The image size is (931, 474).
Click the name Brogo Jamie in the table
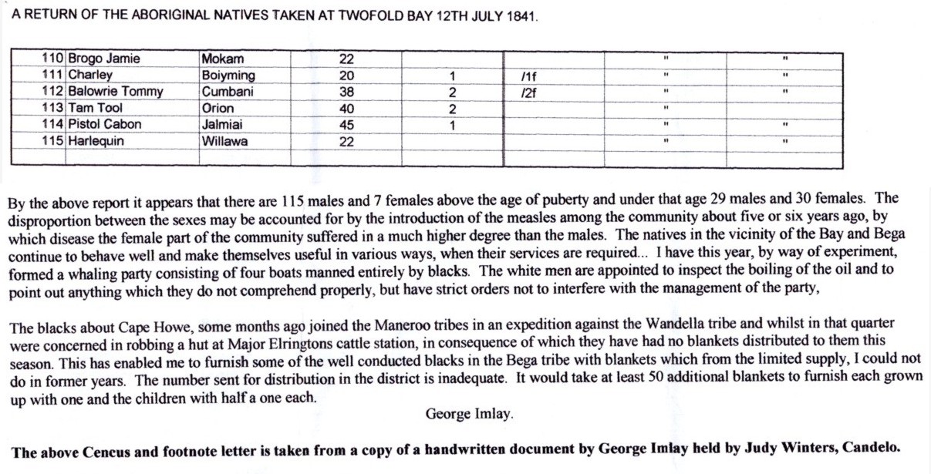[x=104, y=59]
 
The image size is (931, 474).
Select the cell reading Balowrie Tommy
[x=116, y=92]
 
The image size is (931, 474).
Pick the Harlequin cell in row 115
[x=96, y=141]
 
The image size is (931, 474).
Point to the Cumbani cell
[x=228, y=92]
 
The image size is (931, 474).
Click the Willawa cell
[x=224, y=141]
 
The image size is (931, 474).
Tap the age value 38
[x=347, y=92]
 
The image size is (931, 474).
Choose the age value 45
[x=347, y=124]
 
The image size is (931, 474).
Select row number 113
[x=54, y=108]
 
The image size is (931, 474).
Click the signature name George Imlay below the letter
[x=470, y=414]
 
